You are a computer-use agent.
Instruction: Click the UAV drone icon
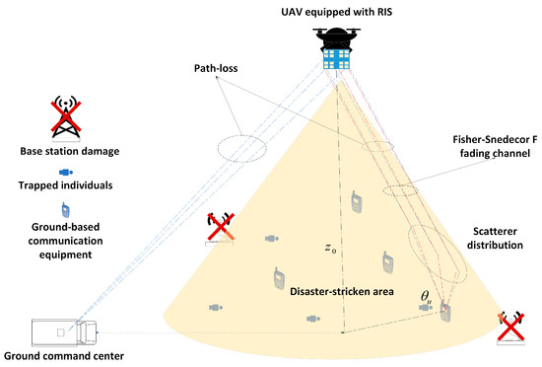(336, 38)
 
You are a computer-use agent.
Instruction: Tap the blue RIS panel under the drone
(337, 59)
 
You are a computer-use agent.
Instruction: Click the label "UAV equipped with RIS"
(337, 12)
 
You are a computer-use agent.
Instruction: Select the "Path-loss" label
(216, 68)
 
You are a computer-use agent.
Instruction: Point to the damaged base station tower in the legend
(66, 117)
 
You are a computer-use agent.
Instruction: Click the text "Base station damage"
(70, 151)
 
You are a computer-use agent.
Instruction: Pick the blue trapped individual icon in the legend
(66, 173)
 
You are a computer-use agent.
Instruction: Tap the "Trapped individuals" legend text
(65, 185)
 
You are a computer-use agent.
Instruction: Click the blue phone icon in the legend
(65, 210)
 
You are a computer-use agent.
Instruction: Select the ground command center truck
(64, 332)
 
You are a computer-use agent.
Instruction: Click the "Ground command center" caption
(64, 356)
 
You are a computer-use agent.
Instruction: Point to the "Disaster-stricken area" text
(342, 291)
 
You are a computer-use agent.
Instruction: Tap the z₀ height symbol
(330, 248)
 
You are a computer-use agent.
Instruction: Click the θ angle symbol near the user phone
(426, 296)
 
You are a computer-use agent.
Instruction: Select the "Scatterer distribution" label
(495, 238)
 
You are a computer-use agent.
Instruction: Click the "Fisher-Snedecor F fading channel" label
(495, 146)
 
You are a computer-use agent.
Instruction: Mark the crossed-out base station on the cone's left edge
(220, 229)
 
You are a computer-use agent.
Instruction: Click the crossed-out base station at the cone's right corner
(510, 328)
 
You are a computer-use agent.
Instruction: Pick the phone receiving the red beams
(445, 312)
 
